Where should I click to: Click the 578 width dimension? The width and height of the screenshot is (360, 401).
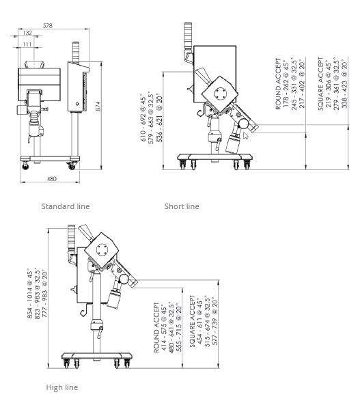click(48, 25)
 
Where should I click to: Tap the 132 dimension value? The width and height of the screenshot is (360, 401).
click(27, 33)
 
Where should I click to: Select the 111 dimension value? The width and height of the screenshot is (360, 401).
click(27, 44)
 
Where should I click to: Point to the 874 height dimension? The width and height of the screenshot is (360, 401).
click(98, 106)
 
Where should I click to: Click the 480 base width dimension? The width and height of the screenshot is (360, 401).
click(52, 179)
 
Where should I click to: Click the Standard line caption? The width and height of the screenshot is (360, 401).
click(66, 206)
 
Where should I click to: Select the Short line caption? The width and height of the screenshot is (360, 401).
click(182, 206)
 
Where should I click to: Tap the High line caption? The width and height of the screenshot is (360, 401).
click(62, 387)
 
